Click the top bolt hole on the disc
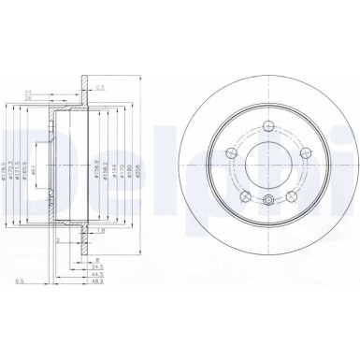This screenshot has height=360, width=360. click(x=268, y=127)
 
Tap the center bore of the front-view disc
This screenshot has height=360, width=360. click(x=268, y=166)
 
